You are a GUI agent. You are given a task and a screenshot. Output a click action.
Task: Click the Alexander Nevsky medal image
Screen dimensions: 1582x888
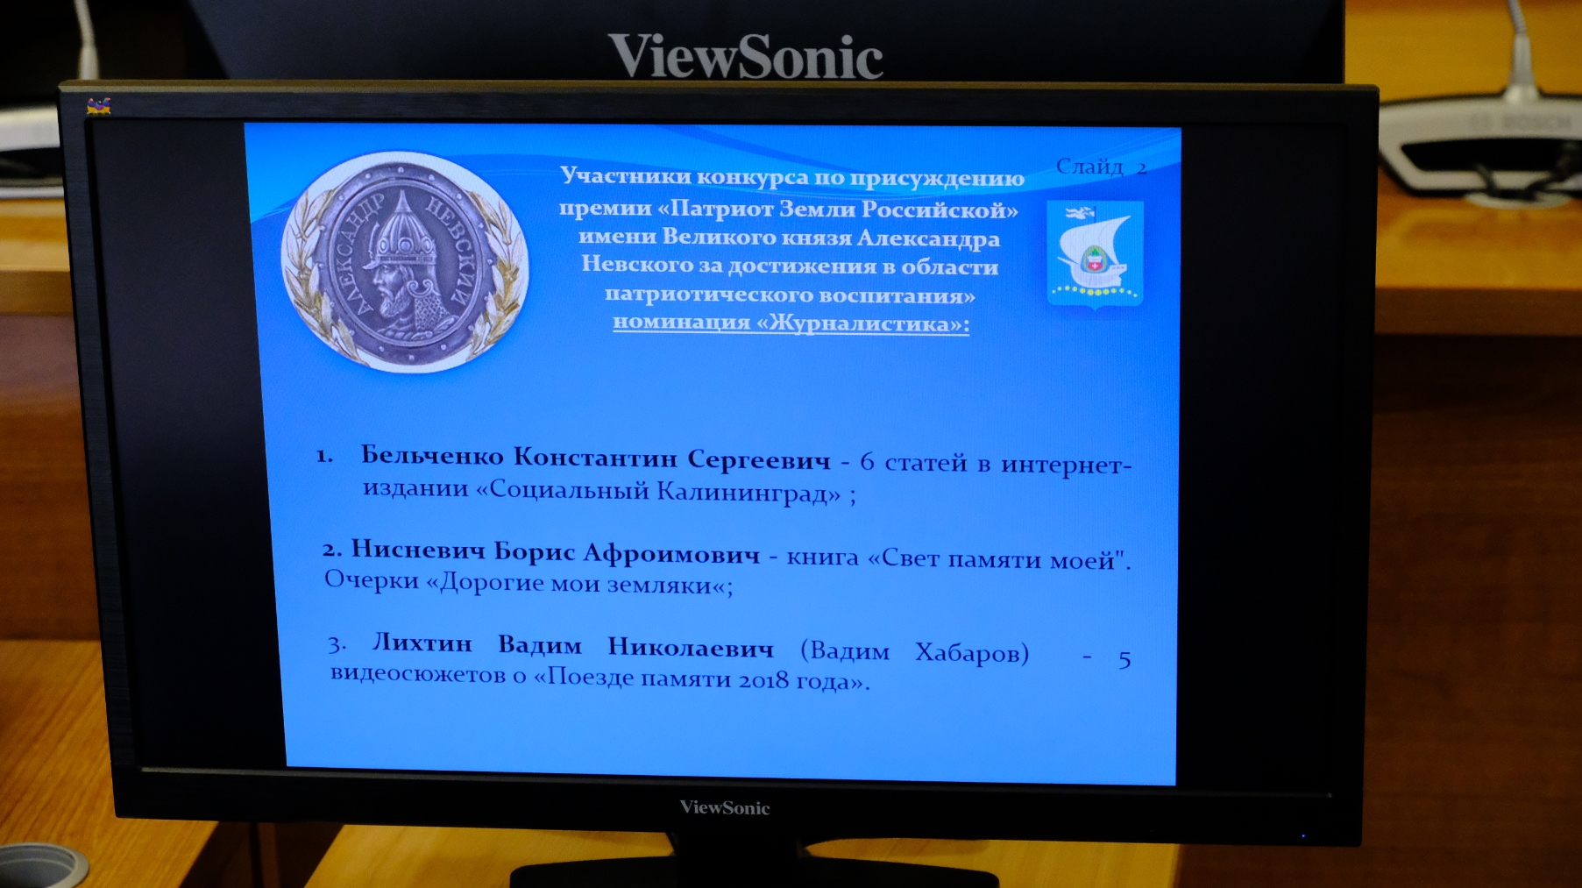(405, 261)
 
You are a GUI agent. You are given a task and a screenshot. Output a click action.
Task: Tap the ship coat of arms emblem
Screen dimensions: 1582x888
(1096, 254)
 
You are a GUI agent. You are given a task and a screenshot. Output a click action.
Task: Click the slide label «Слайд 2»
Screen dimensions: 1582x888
(1101, 167)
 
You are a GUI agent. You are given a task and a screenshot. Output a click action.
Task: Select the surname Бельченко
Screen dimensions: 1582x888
(432, 456)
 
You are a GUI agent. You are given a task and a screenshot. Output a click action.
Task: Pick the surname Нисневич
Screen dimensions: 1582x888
(418, 550)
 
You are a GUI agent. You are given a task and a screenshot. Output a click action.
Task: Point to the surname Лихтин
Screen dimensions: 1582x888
(422, 643)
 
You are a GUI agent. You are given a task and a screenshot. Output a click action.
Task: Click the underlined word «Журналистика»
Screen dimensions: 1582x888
(862, 323)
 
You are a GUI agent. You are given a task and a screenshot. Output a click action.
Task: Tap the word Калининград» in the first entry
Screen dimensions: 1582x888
(748, 492)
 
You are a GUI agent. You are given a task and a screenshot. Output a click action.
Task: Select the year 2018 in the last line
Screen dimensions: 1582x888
(763, 680)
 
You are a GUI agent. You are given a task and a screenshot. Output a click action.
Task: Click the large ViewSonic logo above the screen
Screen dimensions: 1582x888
(746, 56)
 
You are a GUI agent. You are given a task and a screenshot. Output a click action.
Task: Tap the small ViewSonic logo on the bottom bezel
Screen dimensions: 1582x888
(725, 807)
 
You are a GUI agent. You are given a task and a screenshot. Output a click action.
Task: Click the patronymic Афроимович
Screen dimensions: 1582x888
(671, 553)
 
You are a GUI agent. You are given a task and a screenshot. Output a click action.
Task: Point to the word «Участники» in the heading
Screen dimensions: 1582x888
(626, 176)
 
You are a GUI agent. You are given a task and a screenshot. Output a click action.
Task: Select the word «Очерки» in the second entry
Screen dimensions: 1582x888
(372, 580)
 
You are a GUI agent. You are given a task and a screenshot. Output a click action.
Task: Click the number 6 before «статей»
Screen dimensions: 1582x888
(867, 461)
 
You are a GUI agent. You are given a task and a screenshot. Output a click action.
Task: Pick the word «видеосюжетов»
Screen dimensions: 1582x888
(418, 674)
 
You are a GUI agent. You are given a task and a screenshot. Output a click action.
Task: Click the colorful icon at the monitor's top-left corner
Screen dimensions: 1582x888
(98, 106)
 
